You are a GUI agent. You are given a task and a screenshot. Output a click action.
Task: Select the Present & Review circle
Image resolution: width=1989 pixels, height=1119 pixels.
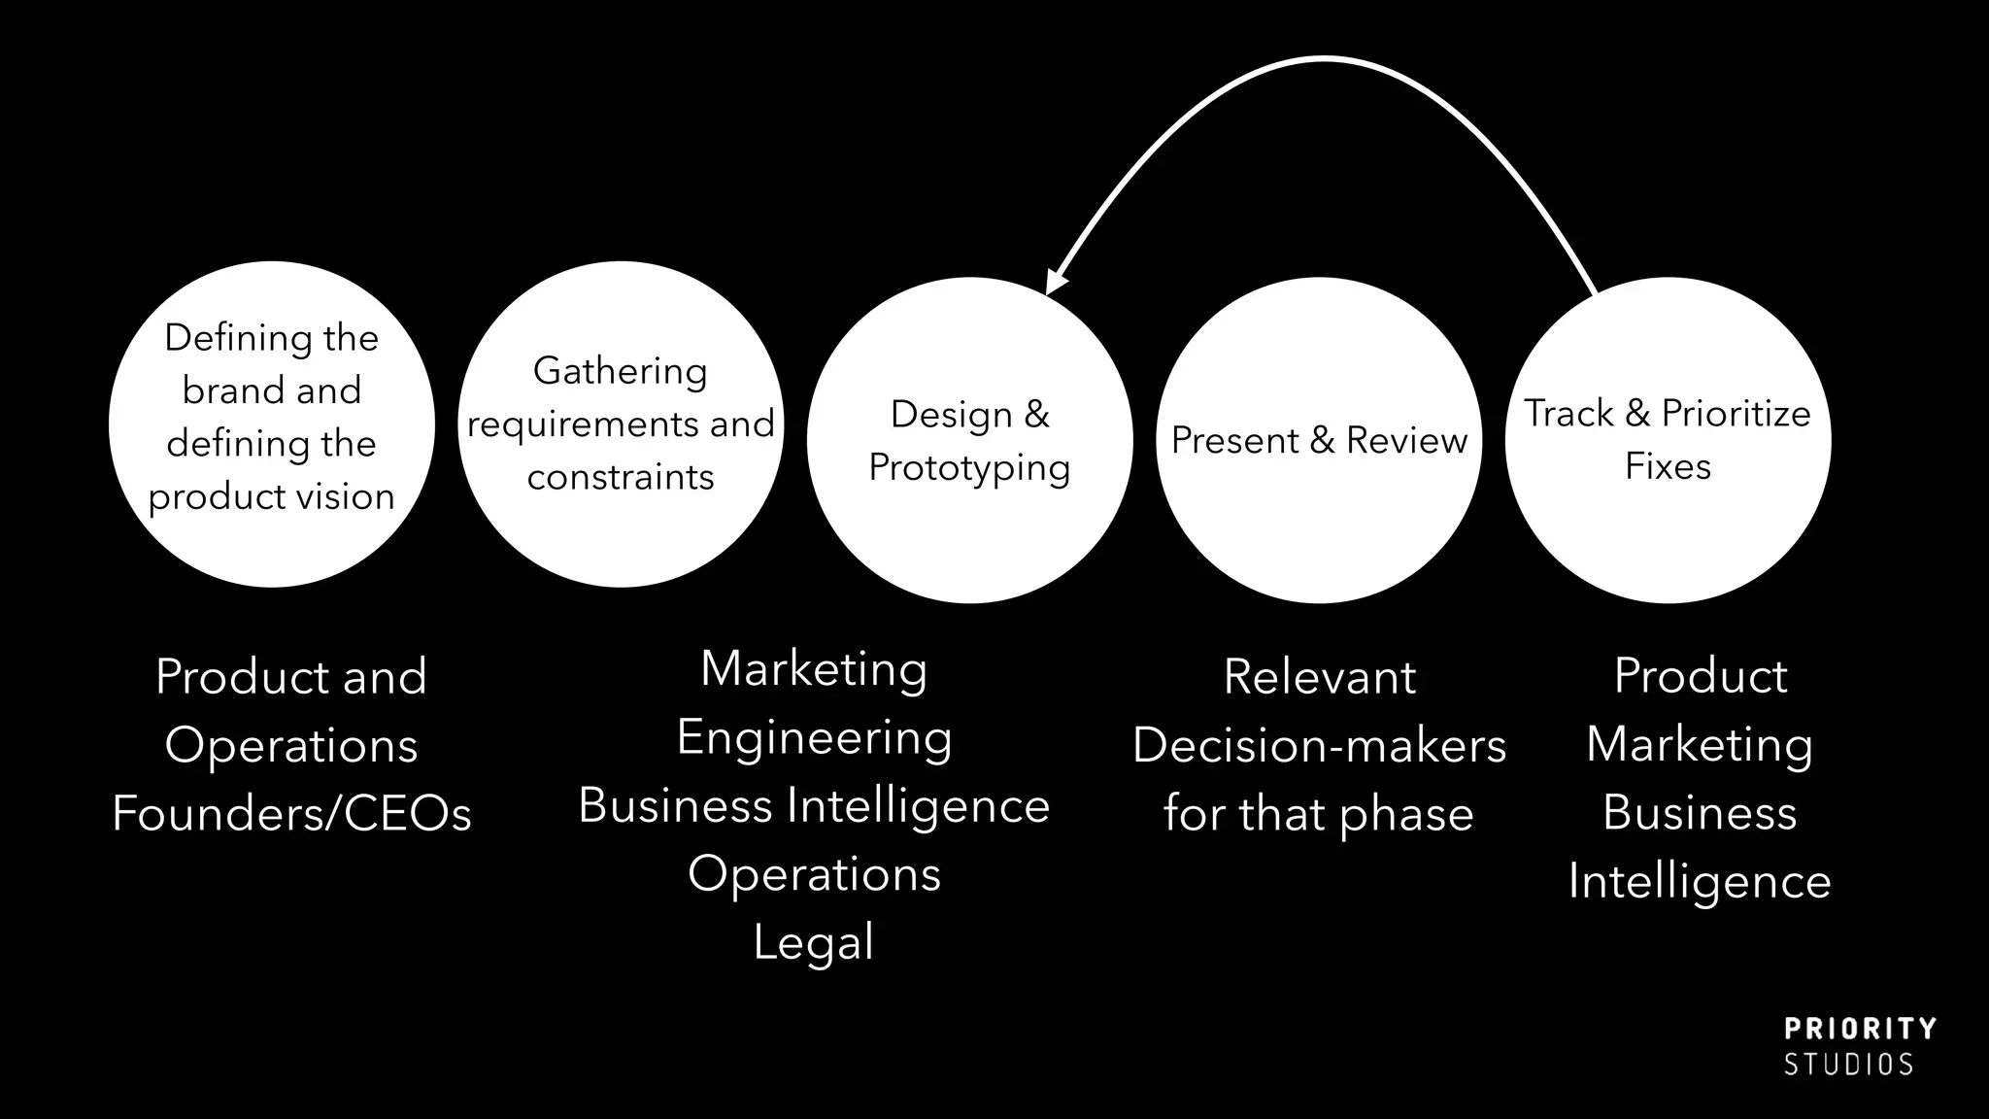point(1318,525)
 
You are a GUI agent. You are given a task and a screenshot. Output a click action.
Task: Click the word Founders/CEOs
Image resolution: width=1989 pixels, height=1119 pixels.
point(291,813)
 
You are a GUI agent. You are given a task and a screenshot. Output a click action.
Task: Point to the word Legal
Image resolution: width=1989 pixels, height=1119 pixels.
point(814,942)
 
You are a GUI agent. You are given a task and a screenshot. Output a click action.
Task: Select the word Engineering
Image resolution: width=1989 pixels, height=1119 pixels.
point(814,737)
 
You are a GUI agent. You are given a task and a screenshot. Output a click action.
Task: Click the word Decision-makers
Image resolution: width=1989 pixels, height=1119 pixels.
point(1319,745)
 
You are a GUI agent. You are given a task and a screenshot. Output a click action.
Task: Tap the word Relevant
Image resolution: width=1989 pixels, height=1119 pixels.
point(1319,676)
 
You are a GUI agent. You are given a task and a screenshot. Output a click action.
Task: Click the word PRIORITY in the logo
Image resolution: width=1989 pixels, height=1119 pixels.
point(1860,1030)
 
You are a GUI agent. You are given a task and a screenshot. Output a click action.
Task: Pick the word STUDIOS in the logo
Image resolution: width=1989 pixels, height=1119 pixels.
point(1848,1065)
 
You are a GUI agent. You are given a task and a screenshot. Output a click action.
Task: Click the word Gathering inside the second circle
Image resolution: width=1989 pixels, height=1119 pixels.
point(620,371)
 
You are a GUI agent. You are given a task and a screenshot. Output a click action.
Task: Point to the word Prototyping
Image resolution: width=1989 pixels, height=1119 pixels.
point(969,468)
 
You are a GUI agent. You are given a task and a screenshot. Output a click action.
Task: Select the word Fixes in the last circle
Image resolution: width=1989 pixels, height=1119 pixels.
point(1668,466)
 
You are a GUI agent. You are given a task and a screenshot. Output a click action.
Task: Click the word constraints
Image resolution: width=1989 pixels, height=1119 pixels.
point(620,477)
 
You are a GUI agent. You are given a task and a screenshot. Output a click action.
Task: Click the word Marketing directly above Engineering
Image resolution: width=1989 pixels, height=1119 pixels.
point(814,669)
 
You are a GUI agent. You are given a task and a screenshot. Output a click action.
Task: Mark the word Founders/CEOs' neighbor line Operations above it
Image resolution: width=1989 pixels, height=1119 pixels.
point(291,745)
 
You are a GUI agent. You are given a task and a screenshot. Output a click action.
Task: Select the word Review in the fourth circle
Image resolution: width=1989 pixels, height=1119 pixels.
point(1406,440)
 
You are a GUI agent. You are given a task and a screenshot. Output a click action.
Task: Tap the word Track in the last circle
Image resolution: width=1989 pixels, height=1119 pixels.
point(1568,414)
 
